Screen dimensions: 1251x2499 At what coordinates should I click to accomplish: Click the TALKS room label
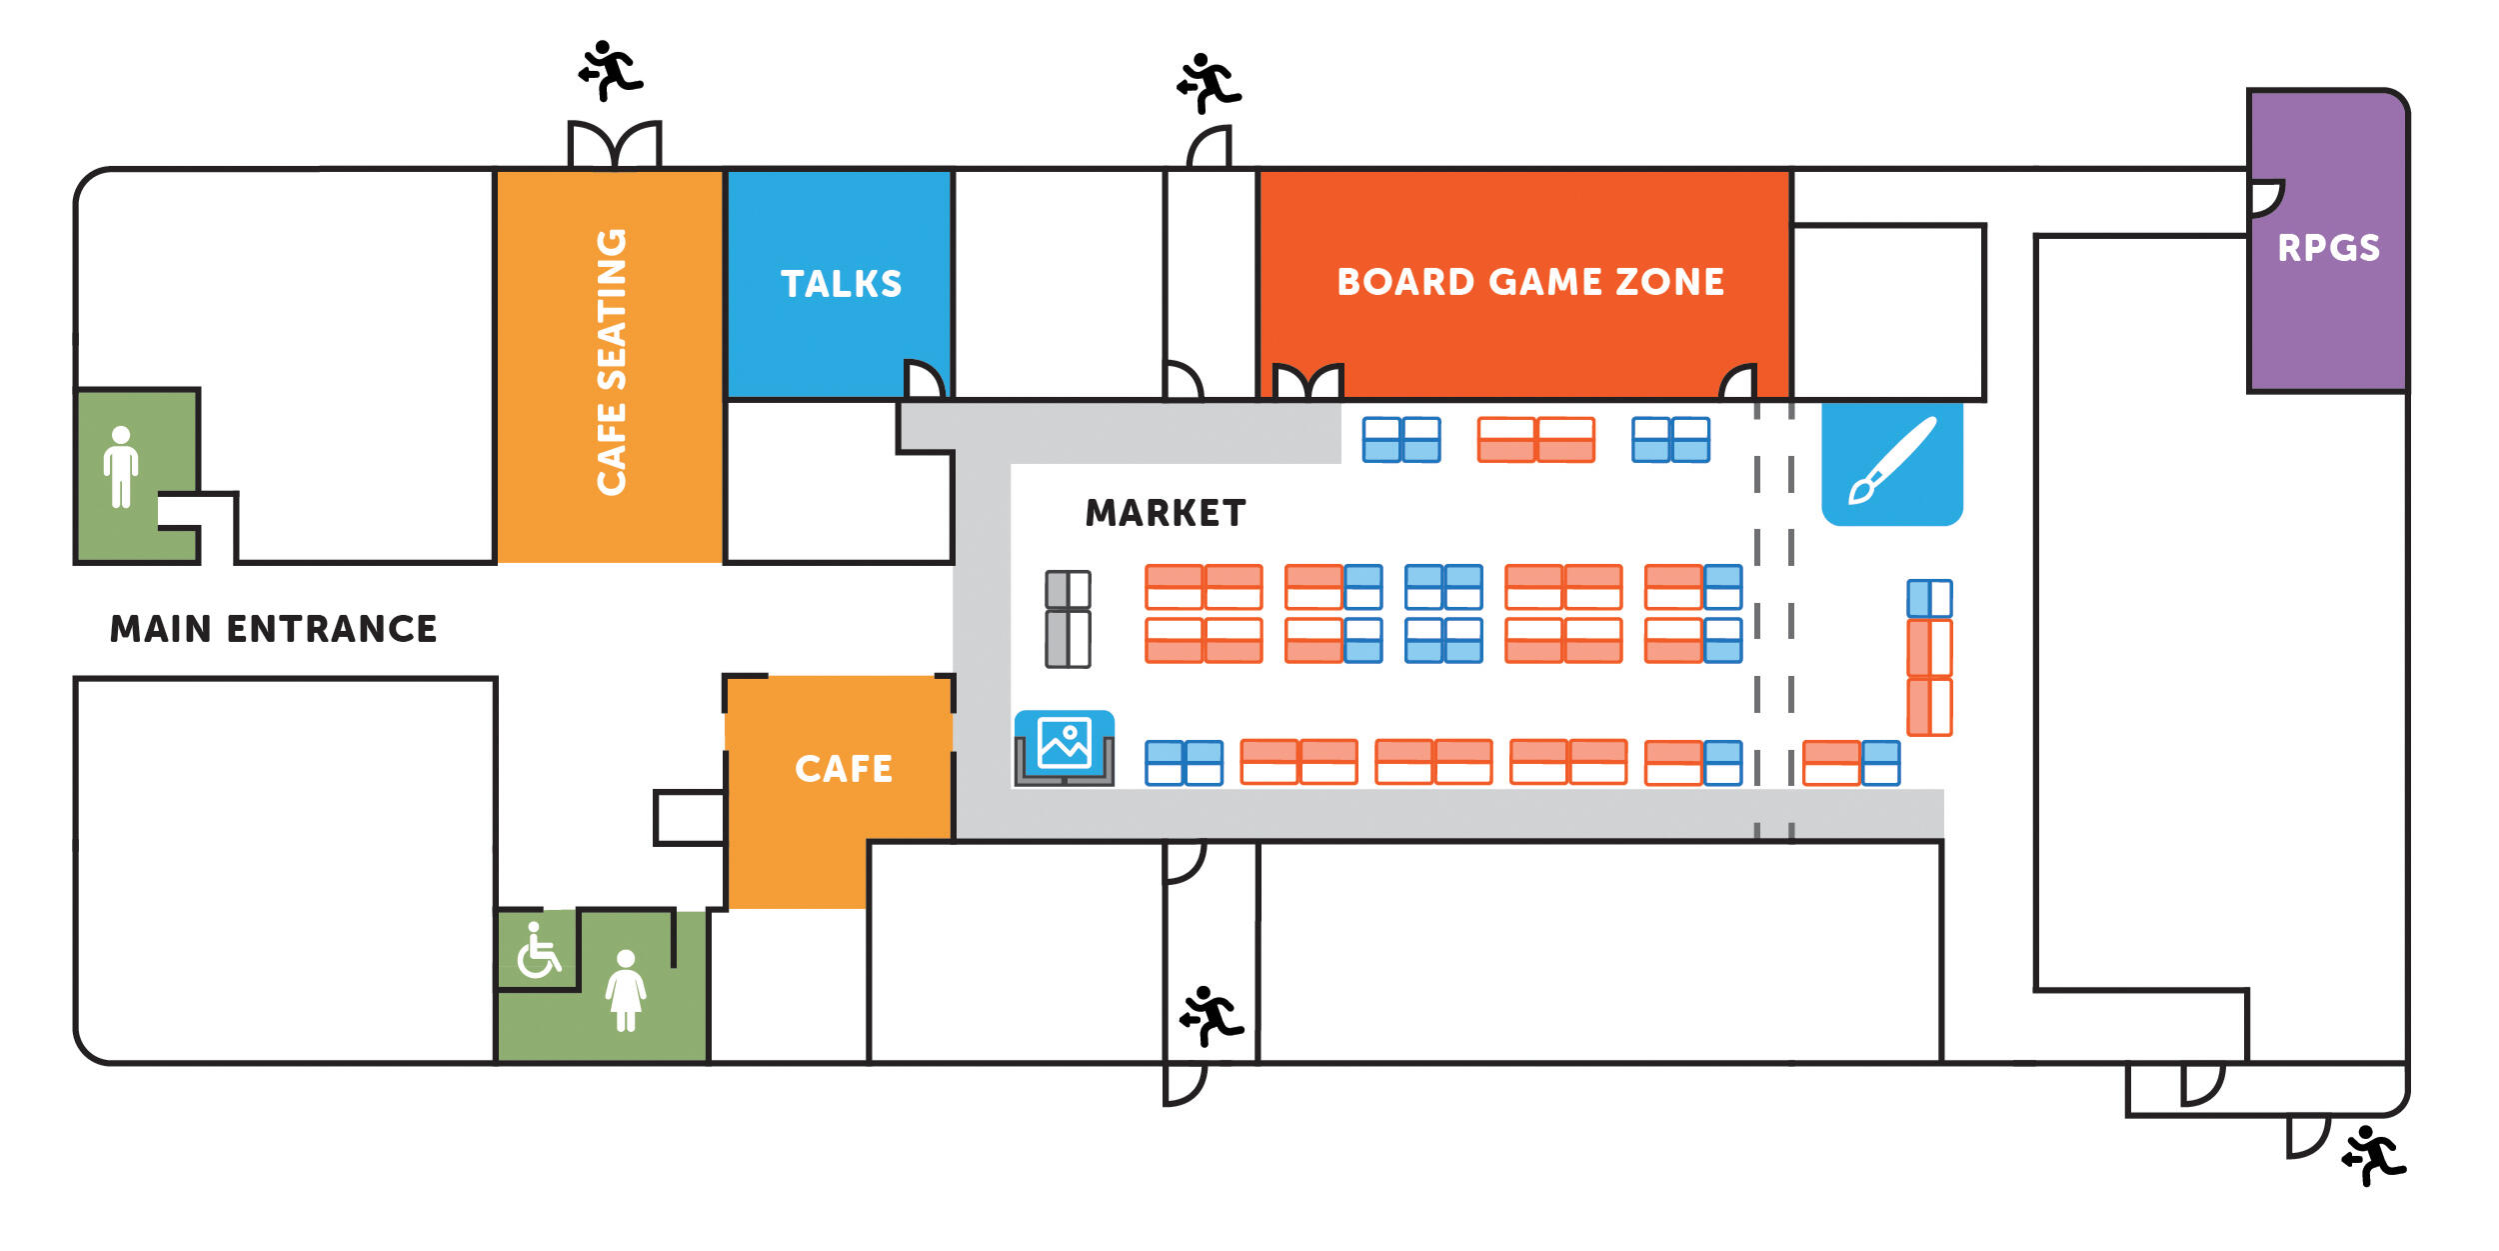(x=841, y=284)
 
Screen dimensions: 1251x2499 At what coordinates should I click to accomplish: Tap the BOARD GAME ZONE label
(x=1530, y=282)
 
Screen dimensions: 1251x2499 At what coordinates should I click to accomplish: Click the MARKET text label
(x=1166, y=513)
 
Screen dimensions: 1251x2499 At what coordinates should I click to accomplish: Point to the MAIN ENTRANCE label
(x=273, y=629)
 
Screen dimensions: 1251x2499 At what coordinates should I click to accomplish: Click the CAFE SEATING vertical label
(x=611, y=362)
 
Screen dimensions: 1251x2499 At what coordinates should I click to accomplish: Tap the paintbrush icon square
(x=1891, y=463)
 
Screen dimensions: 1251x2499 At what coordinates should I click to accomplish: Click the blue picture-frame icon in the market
(x=1065, y=743)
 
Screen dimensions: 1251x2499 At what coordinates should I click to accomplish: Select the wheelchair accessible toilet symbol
(x=539, y=950)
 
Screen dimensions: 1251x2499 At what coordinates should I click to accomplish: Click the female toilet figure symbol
(x=626, y=990)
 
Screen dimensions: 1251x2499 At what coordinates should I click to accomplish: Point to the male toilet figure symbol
(x=121, y=467)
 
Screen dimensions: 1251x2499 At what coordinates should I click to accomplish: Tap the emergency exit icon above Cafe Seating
(x=610, y=70)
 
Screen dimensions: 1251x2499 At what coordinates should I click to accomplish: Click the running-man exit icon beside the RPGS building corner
(x=2373, y=1156)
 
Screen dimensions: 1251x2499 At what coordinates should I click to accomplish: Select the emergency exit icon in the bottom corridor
(x=1212, y=1016)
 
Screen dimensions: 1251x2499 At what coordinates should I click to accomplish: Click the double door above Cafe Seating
(x=614, y=146)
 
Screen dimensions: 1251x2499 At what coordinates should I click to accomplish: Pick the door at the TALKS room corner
(x=923, y=380)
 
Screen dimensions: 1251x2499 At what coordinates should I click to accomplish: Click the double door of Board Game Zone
(x=1307, y=382)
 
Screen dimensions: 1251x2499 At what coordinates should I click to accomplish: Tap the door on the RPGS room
(x=2265, y=198)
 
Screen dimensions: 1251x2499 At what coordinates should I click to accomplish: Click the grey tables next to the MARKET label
(x=1068, y=619)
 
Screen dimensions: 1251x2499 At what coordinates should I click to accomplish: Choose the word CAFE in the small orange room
(x=843, y=769)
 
